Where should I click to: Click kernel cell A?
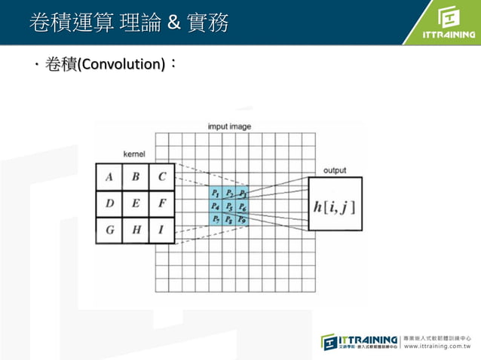coord(109,178)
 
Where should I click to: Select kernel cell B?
coord(136,178)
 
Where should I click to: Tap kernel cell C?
coord(162,178)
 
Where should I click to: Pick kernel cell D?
coord(109,203)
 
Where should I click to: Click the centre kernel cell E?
coord(136,203)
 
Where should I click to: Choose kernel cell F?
coord(162,203)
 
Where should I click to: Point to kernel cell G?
coord(109,230)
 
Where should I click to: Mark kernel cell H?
coord(136,230)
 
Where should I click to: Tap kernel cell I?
coord(162,230)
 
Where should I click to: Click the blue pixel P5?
coord(228,206)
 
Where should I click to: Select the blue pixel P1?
coord(216,193)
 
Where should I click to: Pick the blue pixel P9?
coord(241,219)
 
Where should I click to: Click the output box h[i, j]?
coord(335,205)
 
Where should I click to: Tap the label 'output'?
coord(335,170)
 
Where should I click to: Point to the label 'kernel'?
coord(133,154)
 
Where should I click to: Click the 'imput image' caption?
coord(229,127)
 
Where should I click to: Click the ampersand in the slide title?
coord(173,23)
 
